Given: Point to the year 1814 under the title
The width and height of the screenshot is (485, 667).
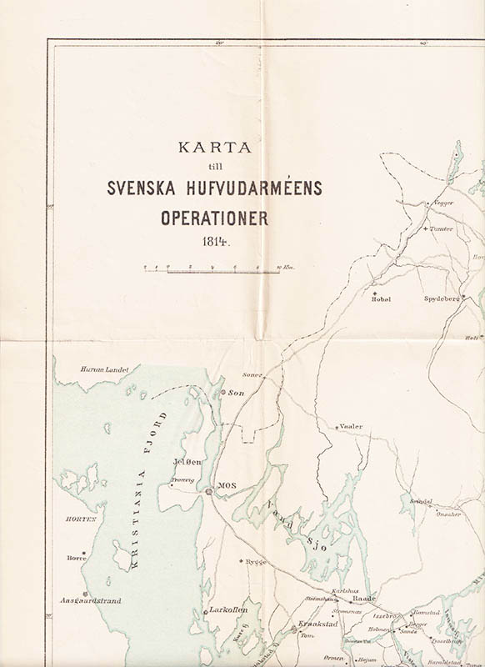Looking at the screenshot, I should (214, 243).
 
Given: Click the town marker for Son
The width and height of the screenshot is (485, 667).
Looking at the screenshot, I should (222, 392).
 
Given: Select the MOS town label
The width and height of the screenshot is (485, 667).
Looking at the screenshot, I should (226, 484).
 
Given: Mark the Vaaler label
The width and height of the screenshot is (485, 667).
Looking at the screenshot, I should (352, 426).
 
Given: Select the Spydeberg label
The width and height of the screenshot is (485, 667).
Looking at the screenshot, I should (441, 298).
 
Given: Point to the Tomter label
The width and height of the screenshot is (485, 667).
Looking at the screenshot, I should (441, 228).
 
